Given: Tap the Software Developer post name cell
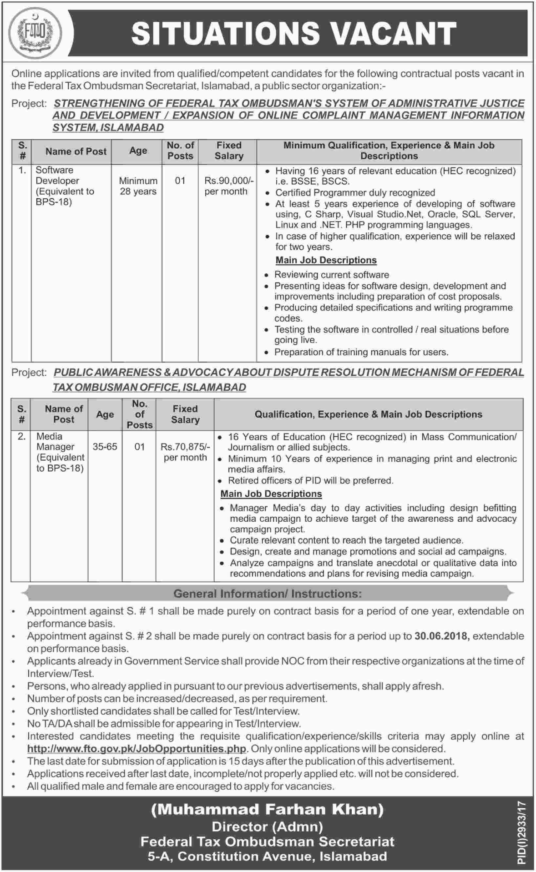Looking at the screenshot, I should tap(65, 186).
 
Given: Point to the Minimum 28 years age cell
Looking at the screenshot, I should tap(138, 186).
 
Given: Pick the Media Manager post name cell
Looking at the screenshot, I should tap(60, 452).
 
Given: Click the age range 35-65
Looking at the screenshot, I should tap(105, 447).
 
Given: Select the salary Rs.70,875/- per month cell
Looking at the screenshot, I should tap(185, 452).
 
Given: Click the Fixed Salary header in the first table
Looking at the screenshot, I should tap(229, 151).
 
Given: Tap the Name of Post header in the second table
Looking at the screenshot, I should tap(64, 414).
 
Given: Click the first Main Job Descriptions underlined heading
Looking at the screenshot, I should tap(326, 260).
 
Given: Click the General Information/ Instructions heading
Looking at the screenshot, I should tap(268, 594).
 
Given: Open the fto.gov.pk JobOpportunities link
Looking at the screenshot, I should tap(137, 748).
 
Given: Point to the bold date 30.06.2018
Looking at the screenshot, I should tap(441, 636).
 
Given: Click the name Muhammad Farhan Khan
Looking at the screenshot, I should tap(268, 809).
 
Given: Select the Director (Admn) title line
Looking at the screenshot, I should tap(268, 826).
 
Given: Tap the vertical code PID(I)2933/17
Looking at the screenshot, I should tap(521, 832).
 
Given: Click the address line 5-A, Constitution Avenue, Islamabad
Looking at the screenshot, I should tap(268, 857).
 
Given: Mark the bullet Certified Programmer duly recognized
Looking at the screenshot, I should tap(355, 192).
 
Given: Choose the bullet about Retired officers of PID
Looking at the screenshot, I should tap(310, 480).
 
